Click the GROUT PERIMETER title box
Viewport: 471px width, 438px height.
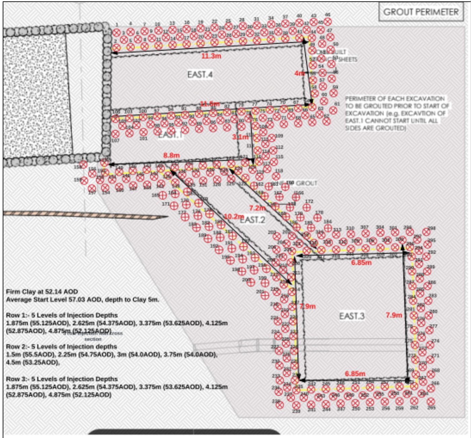click(421, 12)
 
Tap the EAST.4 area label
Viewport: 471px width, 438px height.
click(200, 74)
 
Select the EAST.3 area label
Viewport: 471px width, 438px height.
click(352, 316)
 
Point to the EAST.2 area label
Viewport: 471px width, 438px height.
click(253, 220)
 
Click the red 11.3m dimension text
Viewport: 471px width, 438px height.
click(211, 56)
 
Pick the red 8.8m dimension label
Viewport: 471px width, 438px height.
click(172, 155)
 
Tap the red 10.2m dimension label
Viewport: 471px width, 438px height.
click(233, 216)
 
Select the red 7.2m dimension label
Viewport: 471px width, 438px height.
click(257, 208)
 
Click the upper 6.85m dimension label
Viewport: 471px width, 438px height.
click(361, 262)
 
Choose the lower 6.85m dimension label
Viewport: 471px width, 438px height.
click(355, 374)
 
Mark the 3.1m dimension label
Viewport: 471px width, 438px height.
click(240, 137)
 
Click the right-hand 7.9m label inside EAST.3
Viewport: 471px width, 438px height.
click(394, 315)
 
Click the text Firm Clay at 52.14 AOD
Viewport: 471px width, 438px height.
click(42, 292)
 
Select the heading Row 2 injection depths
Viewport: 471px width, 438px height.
click(62, 346)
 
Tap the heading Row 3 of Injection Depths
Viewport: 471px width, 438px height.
click(62, 379)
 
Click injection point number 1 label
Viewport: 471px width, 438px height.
click(117, 24)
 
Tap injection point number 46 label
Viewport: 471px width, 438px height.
click(328, 15)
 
